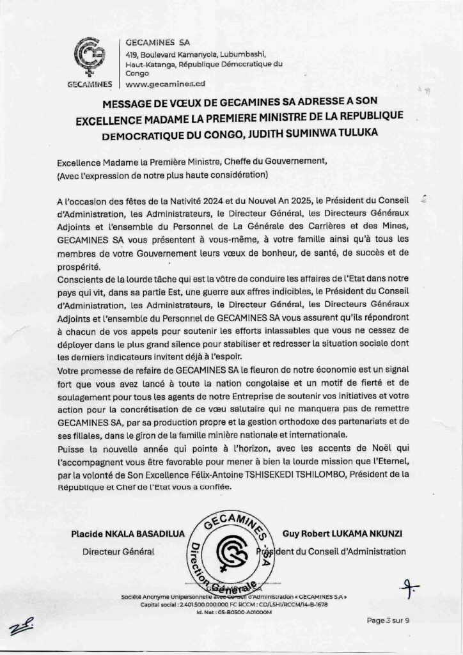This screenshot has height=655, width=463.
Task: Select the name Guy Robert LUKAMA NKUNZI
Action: pos(343,533)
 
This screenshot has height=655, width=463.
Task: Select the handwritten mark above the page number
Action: pos(405,585)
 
